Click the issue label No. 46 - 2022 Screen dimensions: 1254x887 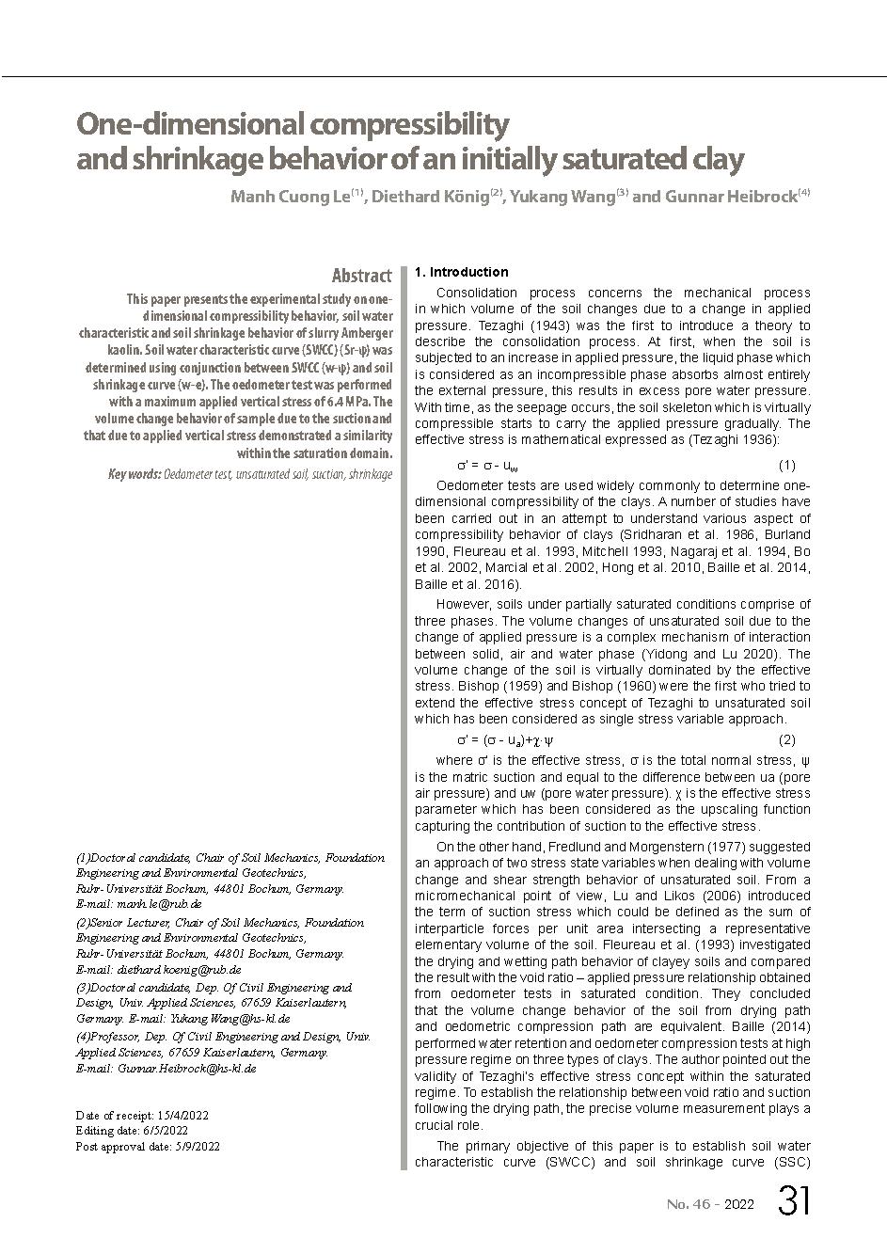pos(710,1204)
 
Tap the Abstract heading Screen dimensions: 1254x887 pos(361,276)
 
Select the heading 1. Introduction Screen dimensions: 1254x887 pos(461,272)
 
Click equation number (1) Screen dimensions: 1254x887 pos(787,465)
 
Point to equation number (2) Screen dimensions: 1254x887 pos(787,739)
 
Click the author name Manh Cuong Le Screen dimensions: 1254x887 pos(290,198)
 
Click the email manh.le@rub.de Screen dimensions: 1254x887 pos(159,903)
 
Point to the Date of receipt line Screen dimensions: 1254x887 pos(142,1116)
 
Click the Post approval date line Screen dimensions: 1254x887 pos(148,1146)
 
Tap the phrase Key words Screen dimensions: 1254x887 pos(134,474)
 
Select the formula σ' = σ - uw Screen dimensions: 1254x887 pos(487,466)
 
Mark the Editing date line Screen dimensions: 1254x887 pos(132,1131)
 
